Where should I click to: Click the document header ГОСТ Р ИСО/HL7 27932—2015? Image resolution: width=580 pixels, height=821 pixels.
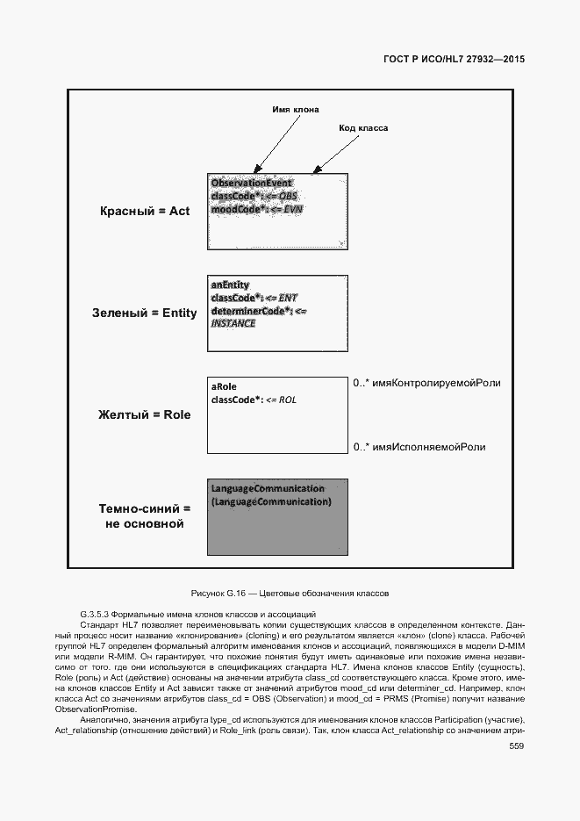click(x=454, y=60)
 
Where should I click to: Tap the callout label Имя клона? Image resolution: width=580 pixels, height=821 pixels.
click(x=296, y=110)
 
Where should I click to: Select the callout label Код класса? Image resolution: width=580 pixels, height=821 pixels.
click(x=363, y=128)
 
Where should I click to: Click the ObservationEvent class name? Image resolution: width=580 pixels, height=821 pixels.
click(x=251, y=184)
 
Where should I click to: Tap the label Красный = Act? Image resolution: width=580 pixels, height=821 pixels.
click(x=145, y=212)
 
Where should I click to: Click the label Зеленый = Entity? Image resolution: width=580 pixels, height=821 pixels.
click(x=145, y=313)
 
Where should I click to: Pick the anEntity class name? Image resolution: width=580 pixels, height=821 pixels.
click(x=230, y=285)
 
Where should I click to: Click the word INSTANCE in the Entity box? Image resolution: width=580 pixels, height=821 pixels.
click(x=233, y=323)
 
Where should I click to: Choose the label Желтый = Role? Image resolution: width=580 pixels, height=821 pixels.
click(x=144, y=414)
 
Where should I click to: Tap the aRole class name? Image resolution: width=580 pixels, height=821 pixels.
click(x=224, y=387)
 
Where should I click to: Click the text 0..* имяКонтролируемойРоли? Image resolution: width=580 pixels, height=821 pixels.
click(x=426, y=384)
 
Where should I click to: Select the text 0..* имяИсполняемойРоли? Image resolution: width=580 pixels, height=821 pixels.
click(x=419, y=448)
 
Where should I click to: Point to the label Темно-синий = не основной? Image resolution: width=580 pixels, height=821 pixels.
click(x=144, y=516)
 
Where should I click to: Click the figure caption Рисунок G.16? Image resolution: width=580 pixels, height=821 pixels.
click(x=289, y=594)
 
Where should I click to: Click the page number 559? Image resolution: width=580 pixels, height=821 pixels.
click(x=516, y=746)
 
